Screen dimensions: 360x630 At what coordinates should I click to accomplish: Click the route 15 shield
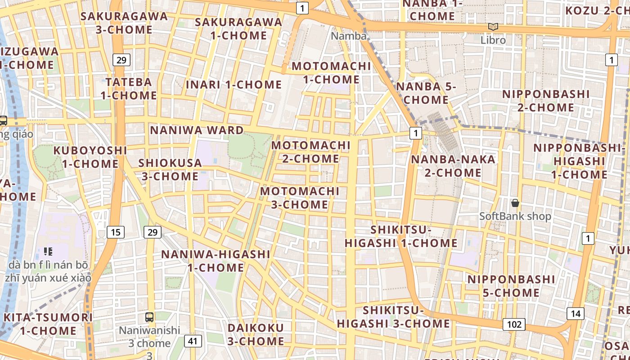pyautogui.click(x=116, y=232)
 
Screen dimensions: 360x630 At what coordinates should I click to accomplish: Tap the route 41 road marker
pyautogui.click(x=193, y=341)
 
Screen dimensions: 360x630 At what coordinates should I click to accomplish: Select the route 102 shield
pyautogui.click(x=514, y=324)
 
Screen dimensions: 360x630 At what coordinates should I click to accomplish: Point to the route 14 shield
pyautogui.click(x=576, y=314)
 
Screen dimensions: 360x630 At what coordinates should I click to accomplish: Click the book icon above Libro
pyautogui.click(x=493, y=27)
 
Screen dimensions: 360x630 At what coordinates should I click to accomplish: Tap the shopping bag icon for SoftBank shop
pyautogui.click(x=515, y=203)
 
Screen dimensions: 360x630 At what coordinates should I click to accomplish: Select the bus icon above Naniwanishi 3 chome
pyautogui.click(x=149, y=317)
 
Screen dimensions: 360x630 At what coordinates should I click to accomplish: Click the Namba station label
pyautogui.click(x=349, y=36)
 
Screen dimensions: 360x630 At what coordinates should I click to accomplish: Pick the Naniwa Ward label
pyautogui.click(x=197, y=130)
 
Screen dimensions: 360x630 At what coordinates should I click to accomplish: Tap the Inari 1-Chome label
pyautogui.click(x=234, y=85)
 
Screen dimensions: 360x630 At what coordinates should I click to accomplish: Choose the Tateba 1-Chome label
pyautogui.click(x=129, y=89)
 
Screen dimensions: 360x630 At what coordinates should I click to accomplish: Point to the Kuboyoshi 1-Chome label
pyautogui.click(x=90, y=157)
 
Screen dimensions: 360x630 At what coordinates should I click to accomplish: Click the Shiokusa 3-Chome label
pyautogui.click(x=170, y=169)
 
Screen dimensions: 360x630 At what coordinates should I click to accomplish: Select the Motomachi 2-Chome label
pyautogui.click(x=311, y=152)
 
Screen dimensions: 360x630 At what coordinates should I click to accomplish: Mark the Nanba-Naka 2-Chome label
pyautogui.click(x=453, y=166)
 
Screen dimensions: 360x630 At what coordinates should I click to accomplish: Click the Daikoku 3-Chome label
pyautogui.click(x=256, y=334)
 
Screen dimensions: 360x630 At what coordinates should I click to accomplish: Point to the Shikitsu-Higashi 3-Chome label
pyautogui.click(x=393, y=317)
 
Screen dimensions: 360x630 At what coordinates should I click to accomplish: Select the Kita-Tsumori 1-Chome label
pyautogui.click(x=48, y=324)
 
